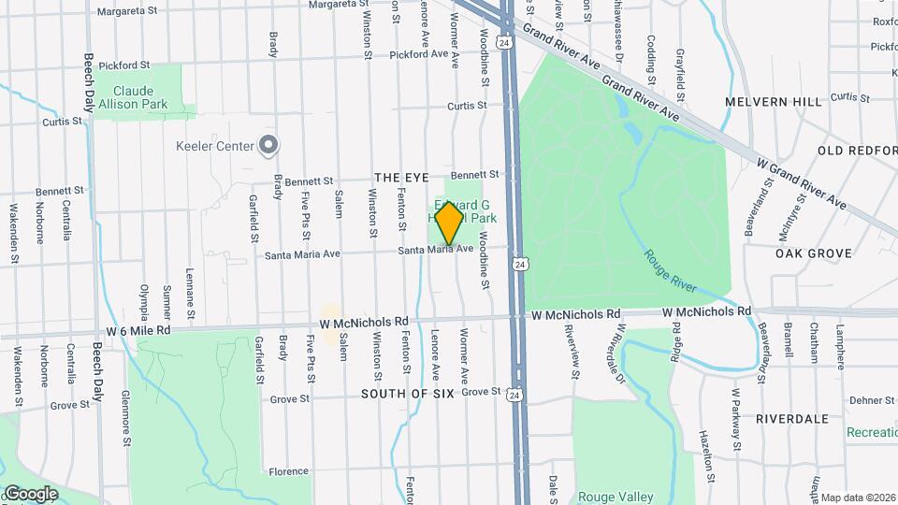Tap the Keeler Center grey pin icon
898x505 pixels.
click(269, 145)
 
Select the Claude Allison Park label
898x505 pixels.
click(140, 97)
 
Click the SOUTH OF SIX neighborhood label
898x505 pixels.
click(408, 394)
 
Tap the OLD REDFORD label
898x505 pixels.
click(857, 151)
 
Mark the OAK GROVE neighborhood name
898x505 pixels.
click(814, 253)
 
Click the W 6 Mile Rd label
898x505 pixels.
click(138, 330)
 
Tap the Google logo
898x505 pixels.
click(30, 494)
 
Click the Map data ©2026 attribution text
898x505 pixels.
click(858, 498)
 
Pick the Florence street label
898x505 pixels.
click(288, 471)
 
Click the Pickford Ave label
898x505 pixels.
click(420, 55)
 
